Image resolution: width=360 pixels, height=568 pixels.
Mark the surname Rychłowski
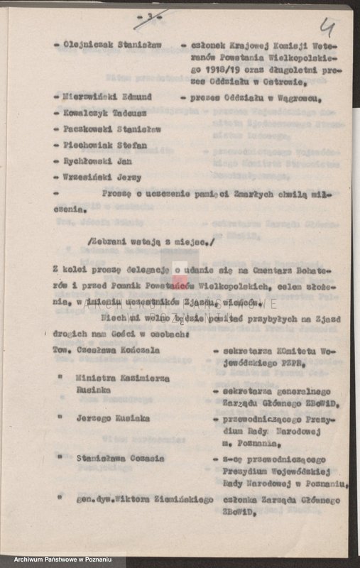coord(88,161)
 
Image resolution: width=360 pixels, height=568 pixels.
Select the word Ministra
coord(94,378)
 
